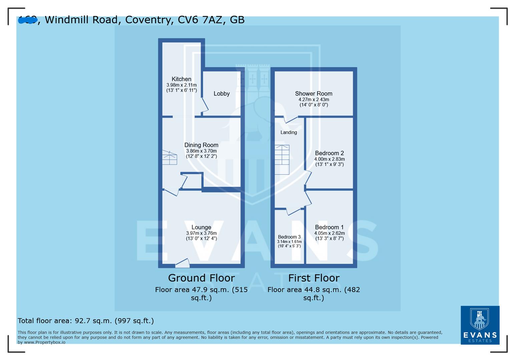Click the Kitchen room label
[x=181, y=79]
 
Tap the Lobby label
[x=221, y=94]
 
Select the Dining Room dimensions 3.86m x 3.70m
[x=201, y=151]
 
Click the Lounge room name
[x=201, y=227]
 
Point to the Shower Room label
[x=314, y=94]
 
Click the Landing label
[x=289, y=132]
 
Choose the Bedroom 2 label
[x=329, y=153]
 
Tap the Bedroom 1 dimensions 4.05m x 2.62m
[x=329, y=233]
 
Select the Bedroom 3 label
[x=289, y=237]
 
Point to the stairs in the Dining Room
[x=169, y=158]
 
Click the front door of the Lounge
[x=182, y=263]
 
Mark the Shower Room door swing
[x=291, y=120]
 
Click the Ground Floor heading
[x=201, y=278]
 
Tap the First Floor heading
[x=314, y=278]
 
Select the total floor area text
[x=86, y=321]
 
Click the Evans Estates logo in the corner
[x=480, y=325]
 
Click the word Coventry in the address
[x=149, y=20]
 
